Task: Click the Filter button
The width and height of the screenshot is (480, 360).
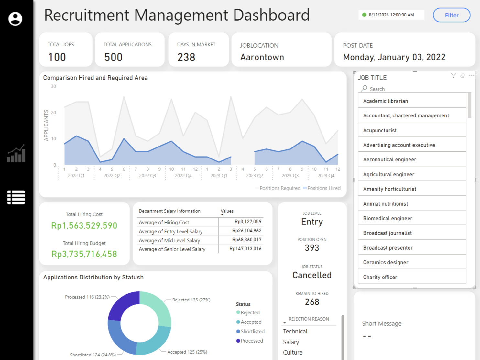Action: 452,15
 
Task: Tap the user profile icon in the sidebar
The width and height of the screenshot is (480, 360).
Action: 15,19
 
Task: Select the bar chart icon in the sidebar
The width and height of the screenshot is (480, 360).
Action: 16,154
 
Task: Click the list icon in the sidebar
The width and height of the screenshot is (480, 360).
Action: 16,197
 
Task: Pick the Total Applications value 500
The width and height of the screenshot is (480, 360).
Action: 113,57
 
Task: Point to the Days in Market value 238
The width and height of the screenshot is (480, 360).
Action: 186,57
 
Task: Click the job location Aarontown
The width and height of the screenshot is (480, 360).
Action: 262,57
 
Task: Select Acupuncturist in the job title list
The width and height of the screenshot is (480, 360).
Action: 380,130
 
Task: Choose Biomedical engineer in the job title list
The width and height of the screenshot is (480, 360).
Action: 387,218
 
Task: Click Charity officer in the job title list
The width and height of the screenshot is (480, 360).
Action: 380,277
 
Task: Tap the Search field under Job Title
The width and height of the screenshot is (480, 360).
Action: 377,89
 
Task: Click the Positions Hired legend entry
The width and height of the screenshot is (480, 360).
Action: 323,188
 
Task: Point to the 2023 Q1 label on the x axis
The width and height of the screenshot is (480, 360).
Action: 219,176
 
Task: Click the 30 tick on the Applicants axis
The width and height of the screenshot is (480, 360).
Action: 53,86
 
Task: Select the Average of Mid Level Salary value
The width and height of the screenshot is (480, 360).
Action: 246,240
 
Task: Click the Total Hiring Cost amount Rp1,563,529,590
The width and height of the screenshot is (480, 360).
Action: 84,225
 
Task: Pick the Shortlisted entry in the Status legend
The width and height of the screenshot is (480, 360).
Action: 252,331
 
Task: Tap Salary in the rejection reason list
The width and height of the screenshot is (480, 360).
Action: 291,342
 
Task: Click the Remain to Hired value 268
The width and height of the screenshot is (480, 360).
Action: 312,302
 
